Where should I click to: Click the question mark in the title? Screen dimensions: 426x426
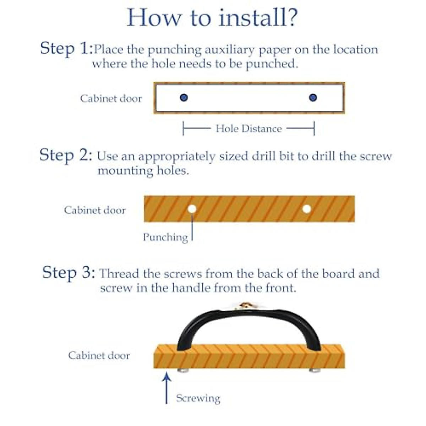point(290,18)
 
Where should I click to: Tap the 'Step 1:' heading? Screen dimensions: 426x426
point(66,48)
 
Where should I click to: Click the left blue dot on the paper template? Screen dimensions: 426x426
point(184,98)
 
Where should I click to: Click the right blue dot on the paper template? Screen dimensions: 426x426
point(313,98)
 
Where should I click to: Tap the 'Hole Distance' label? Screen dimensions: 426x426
point(249,129)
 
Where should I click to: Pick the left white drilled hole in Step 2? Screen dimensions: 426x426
point(192,209)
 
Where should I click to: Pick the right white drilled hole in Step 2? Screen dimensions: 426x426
point(307,209)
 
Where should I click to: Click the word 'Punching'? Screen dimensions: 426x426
point(165,237)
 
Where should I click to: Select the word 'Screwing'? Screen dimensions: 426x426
point(198,398)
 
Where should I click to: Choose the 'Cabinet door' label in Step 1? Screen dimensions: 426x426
point(111,99)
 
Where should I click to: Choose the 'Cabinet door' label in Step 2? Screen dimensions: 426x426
point(95,210)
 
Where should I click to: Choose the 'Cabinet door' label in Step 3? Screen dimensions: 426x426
point(99,355)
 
